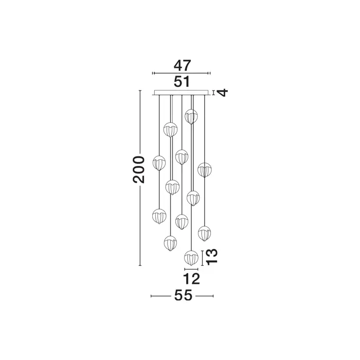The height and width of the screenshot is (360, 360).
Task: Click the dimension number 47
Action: [182, 65]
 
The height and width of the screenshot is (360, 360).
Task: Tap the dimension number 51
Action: [182, 81]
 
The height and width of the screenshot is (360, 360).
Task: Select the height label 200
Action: [139, 170]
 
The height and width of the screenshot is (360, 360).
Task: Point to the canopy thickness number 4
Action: [223, 93]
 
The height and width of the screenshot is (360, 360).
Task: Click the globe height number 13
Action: [211, 257]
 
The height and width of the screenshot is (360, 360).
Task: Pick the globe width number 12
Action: [191, 279]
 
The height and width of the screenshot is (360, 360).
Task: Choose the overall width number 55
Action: [183, 295]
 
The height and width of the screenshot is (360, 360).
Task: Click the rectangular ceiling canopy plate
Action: [182, 92]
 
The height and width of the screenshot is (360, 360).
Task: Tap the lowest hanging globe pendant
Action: [191, 258]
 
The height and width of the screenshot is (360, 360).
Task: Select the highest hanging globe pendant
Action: [191, 117]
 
